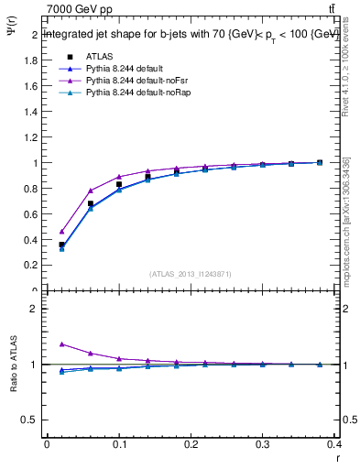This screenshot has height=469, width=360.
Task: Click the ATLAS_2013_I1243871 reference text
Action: click(x=191, y=274)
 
